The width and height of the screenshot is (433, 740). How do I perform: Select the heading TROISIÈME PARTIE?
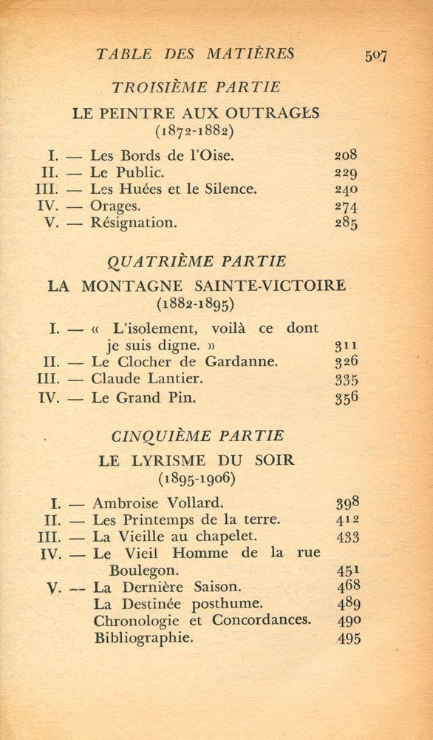coord(196,87)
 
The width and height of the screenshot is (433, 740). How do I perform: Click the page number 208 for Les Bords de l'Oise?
coord(345,155)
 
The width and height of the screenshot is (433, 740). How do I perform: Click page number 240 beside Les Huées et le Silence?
coord(346,189)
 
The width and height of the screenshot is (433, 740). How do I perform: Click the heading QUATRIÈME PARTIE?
coord(197,261)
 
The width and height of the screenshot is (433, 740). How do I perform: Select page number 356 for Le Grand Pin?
coord(346,397)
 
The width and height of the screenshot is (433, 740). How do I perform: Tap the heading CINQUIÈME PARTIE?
coord(196,437)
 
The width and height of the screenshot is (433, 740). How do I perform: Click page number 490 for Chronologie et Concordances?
coord(346,621)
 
